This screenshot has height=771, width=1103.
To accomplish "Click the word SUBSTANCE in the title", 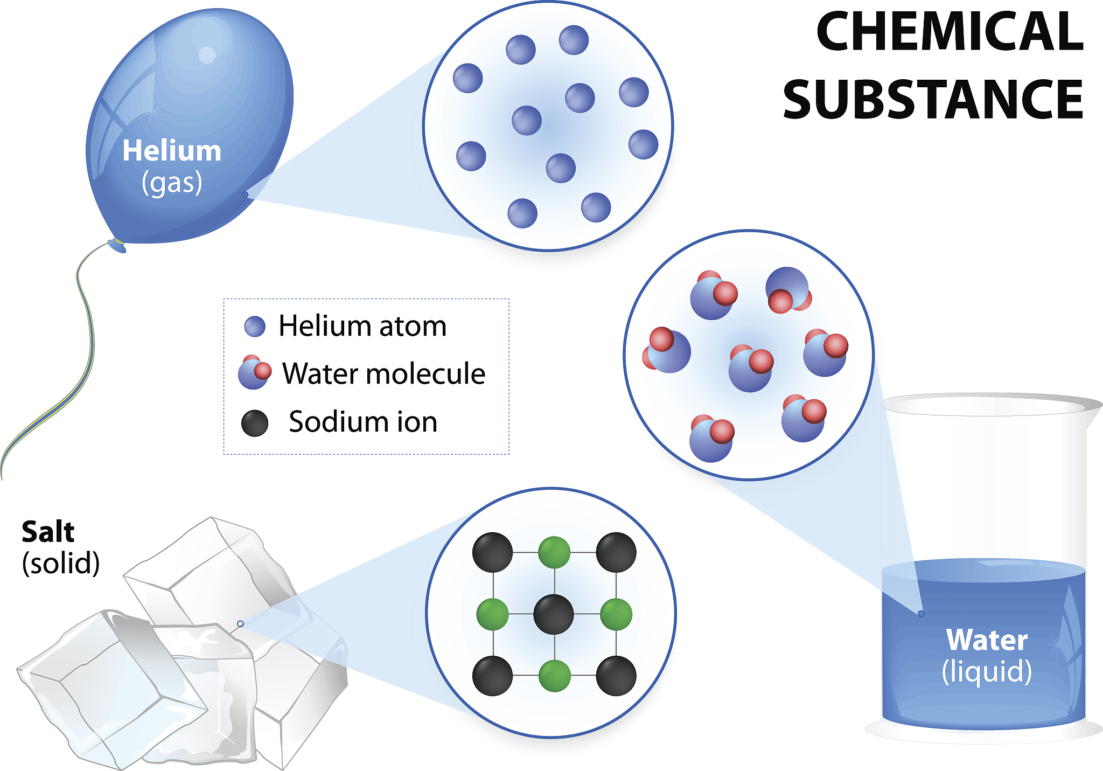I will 933,100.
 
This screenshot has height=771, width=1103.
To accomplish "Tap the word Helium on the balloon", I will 172,150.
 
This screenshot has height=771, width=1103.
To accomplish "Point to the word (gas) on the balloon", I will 172,183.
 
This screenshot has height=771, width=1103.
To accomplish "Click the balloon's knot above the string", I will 117,246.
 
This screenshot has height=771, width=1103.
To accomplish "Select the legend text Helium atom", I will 362,326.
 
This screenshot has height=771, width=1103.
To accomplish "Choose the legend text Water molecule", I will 383,373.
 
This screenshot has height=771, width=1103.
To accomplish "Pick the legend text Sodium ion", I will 363,421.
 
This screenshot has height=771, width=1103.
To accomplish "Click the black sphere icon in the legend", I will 255,423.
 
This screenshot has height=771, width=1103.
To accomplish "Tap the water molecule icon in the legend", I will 254,373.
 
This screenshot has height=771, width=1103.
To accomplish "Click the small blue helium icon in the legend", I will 255,327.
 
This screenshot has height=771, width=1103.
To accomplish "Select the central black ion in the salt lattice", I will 554,614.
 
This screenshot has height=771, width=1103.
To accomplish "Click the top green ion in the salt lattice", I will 554,552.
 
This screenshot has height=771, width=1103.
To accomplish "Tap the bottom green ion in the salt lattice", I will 554,676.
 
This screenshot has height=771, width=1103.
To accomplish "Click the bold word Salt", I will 48,532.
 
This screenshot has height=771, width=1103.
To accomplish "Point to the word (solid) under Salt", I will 61,564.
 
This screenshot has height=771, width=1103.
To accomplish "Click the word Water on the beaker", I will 987,640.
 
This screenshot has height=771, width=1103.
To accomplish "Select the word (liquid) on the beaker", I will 987,672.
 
